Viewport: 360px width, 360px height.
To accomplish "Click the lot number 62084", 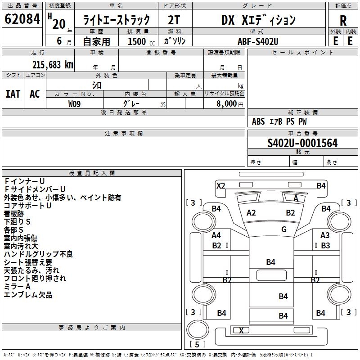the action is tap(22, 19).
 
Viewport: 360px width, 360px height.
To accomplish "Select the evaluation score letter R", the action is tap(343, 20).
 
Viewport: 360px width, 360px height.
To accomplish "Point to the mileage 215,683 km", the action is tap(53, 64).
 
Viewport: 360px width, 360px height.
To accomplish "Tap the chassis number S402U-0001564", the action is tap(302, 143).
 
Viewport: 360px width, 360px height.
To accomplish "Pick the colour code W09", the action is tap(75, 104).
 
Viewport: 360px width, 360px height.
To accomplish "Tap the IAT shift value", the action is tap(13, 94).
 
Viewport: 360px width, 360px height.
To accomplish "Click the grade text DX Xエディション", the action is tap(258, 20).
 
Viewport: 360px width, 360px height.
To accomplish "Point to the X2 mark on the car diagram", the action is tap(221, 185).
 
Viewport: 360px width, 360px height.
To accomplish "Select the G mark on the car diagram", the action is tap(284, 229).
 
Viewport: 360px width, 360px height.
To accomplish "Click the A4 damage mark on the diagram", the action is tap(216, 235).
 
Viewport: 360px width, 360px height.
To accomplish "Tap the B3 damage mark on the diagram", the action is tap(325, 246).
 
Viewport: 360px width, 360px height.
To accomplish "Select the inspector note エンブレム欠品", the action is tap(28, 295).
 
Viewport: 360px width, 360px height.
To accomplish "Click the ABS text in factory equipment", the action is tap(258, 121).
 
